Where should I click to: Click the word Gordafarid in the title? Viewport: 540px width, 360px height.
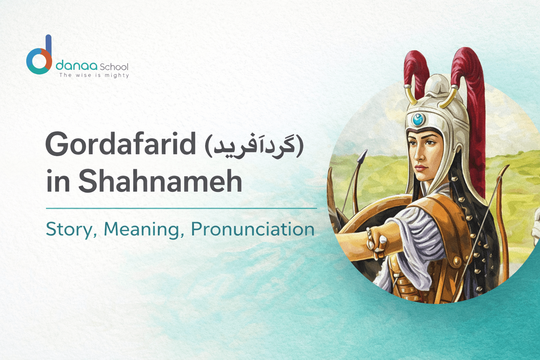coord(120,144)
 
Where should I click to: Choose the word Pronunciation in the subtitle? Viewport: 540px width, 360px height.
coord(252,229)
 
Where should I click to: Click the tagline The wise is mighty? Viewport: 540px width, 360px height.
coord(94,75)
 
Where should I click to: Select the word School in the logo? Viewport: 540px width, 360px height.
coord(114,67)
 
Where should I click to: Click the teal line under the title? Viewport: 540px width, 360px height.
coord(181,208)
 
